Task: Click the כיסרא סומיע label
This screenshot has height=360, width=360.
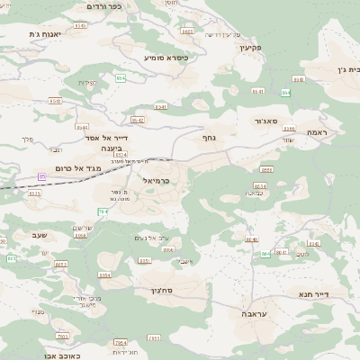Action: pyautogui.click(x=166, y=57)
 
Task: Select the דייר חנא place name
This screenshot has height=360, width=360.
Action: pyautogui.click(x=314, y=293)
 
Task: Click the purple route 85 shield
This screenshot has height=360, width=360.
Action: pyautogui.click(x=41, y=176)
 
